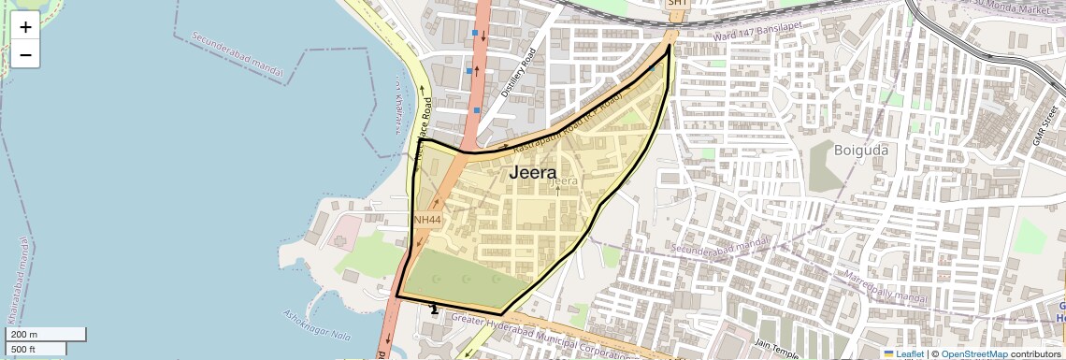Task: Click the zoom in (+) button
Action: click(25, 26)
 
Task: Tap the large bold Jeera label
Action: click(532, 173)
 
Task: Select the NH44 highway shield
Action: click(426, 219)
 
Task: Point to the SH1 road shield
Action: click(677, 4)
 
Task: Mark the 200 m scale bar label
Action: click(22, 335)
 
